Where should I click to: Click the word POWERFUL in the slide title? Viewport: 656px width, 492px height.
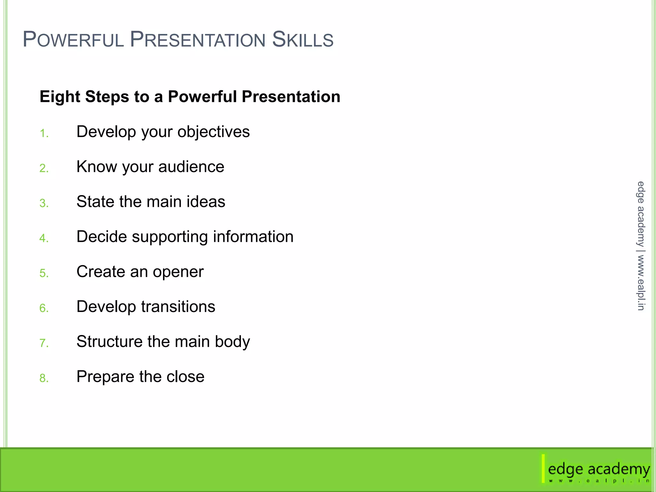pyautogui.click(x=73, y=40)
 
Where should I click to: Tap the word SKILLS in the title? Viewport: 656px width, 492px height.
pyautogui.click(x=303, y=40)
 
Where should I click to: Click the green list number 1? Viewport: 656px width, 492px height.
pyautogui.click(x=44, y=133)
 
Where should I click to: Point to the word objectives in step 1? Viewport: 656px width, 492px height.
pyautogui.click(x=213, y=132)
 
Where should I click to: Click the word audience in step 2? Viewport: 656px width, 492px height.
pyautogui.click(x=191, y=167)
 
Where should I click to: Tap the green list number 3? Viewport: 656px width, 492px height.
pyautogui.click(x=44, y=203)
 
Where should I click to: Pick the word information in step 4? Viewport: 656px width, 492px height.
pyautogui.click(x=253, y=237)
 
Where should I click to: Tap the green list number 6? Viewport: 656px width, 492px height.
pyautogui.click(x=44, y=308)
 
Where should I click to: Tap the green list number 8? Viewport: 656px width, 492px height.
pyautogui.click(x=44, y=378)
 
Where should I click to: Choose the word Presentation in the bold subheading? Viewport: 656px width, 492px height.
pyautogui.click(x=291, y=97)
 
